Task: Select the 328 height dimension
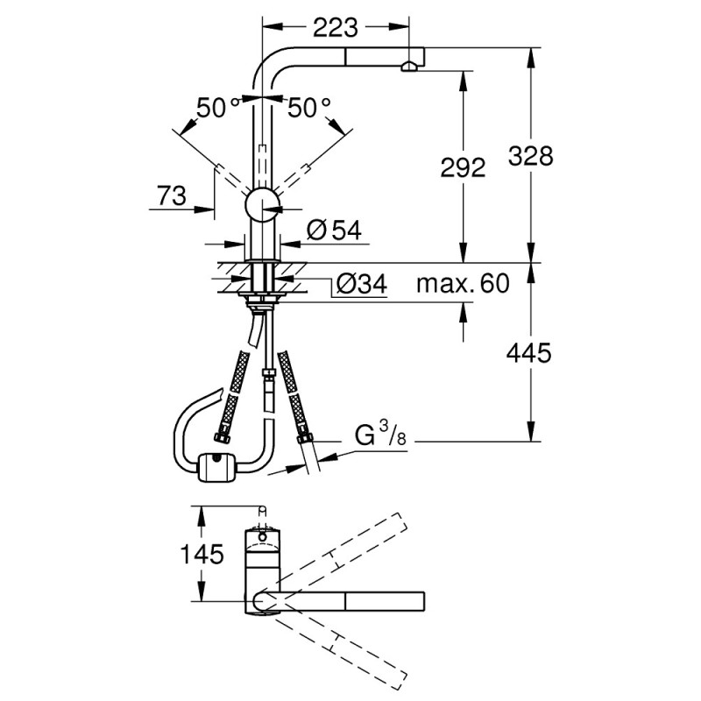coord(531,156)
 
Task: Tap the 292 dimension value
coord(462,167)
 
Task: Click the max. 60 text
coord(462,284)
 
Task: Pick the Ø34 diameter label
coord(360,284)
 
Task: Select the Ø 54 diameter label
coord(334,230)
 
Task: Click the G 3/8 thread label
coord(379,434)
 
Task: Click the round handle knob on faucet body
coord(261,207)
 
